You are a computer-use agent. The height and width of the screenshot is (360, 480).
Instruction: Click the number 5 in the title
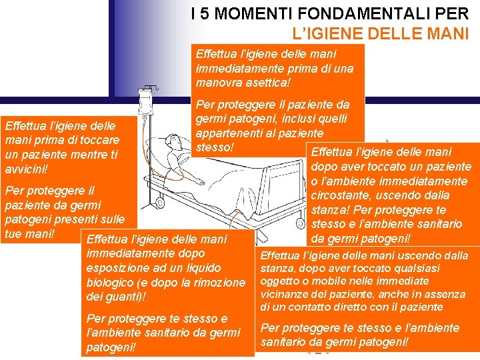205,14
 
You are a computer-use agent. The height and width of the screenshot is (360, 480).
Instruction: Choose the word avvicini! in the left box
26,169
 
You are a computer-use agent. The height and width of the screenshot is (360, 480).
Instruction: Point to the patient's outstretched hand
201,182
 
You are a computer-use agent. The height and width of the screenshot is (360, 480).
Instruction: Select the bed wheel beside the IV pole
160,202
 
